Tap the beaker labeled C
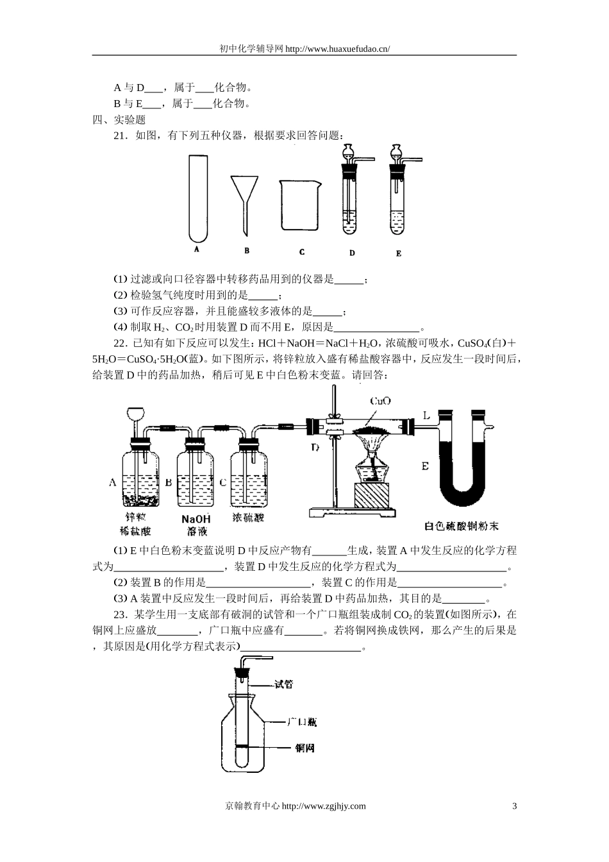click(x=299, y=205)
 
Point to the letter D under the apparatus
click(x=352, y=253)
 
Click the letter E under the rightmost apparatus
click(x=399, y=253)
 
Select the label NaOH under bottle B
click(x=196, y=519)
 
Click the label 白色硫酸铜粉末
click(x=462, y=527)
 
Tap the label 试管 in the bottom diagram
click(x=284, y=684)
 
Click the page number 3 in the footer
click(x=514, y=806)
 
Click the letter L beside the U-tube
click(x=426, y=415)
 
